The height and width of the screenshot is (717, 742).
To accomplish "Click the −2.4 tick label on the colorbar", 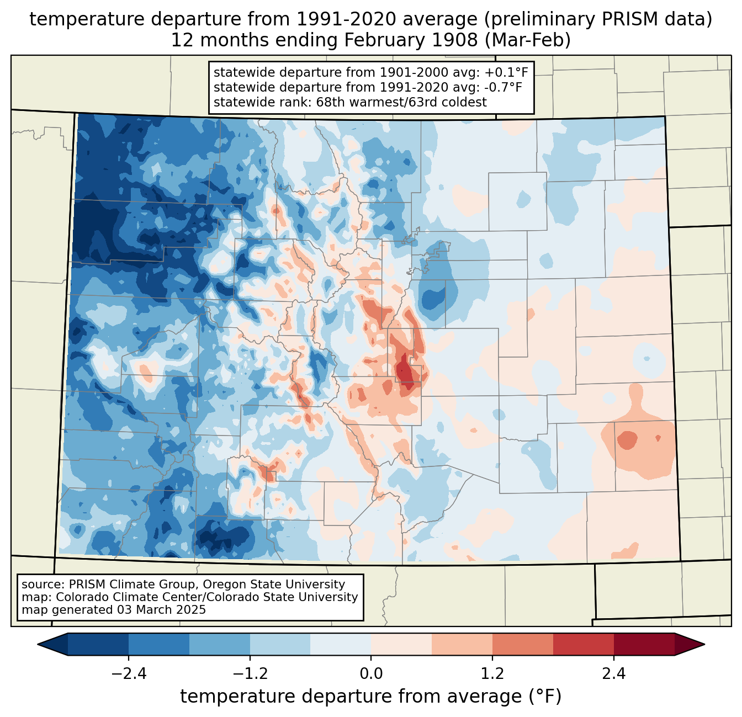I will coord(129,674).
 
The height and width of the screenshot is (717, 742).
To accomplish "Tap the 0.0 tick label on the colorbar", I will coord(371,674).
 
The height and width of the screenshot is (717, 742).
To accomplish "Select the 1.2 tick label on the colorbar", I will coord(492,674).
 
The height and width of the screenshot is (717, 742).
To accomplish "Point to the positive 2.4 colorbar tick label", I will coord(613,674).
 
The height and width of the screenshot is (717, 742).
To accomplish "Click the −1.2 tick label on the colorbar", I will coord(250,674).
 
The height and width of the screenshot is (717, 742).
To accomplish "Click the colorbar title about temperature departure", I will coord(371,697).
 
